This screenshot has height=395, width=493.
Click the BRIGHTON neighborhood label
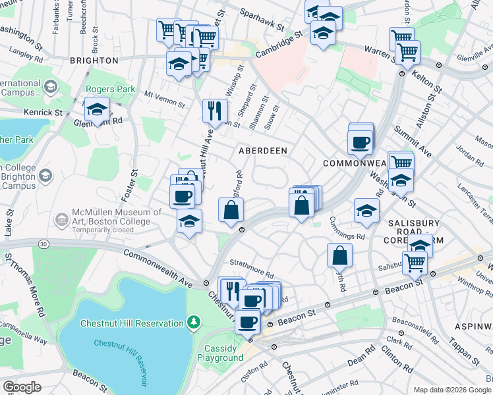tap(94, 60)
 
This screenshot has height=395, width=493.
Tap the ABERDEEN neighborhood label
tap(262, 151)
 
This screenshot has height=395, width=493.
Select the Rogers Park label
tap(110, 90)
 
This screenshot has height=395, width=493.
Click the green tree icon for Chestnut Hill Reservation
tap(193, 323)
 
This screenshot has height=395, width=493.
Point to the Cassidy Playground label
tap(220, 353)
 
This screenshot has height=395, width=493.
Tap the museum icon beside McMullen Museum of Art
tap(61, 218)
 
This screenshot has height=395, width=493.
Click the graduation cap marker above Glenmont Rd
tap(97, 109)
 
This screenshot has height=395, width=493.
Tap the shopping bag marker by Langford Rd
tap(231, 211)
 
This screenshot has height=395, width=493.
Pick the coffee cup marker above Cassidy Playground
tap(248, 323)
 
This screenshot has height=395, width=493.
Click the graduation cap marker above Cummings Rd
tap(367, 211)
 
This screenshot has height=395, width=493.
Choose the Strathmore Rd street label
tap(252, 273)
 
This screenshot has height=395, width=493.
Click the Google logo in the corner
tap(22, 386)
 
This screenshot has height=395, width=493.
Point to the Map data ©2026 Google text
tap(452, 390)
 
